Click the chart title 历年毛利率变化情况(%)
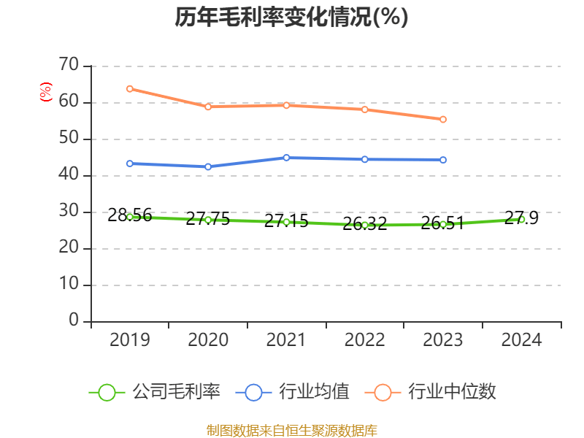(x=291, y=18)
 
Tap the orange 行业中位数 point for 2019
(x=130, y=89)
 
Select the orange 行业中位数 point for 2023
(x=443, y=119)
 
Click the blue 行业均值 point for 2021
(x=286, y=158)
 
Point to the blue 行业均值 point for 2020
(x=208, y=166)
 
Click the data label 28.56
(x=130, y=215)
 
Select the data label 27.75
(x=208, y=218)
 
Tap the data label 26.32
(x=364, y=224)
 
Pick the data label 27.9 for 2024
(x=521, y=218)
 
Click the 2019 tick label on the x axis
(x=130, y=340)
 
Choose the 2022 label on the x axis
(x=364, y=340)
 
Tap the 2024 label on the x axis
(x=521, y=340)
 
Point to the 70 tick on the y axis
(x=69, y=66)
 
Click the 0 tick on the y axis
(x=73, y=321)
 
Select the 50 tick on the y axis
(x=69, y=139)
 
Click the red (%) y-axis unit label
(x=46, y=92)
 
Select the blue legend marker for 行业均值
(x=253, y=392)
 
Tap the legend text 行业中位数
(x=452, y=392)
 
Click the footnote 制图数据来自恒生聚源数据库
(x=292, y=430)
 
